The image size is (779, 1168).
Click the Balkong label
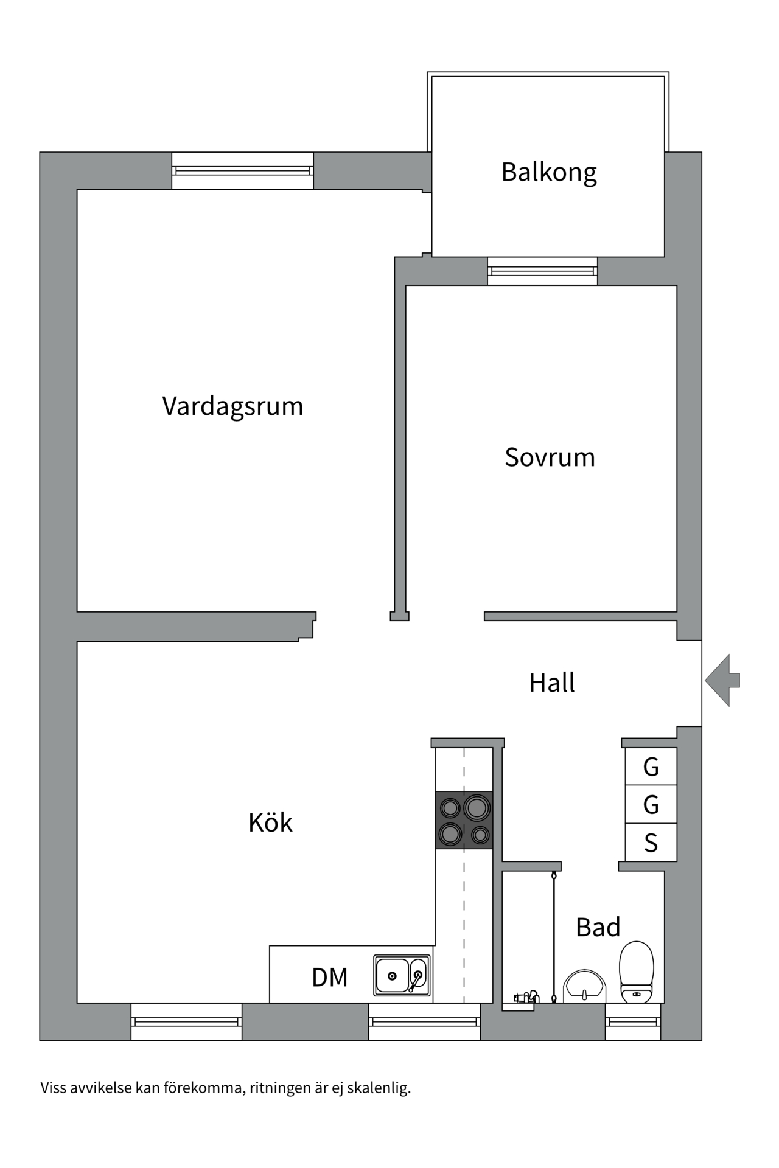coord(548,173)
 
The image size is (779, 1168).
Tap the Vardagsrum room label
coord(232,406)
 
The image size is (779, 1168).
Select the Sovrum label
coord(550,457)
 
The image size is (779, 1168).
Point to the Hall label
coord(551,683)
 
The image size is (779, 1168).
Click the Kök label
coord(270,823)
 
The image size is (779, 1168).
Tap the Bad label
coord(598,928)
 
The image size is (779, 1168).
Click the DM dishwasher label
coord(329,978)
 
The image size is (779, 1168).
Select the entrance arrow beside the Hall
coord(722,680)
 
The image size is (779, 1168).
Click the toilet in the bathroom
coord(636,972)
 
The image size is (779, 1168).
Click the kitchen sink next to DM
coord(402,975)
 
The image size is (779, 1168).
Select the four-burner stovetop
coord(464,820)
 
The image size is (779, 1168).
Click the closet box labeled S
coord(651,843)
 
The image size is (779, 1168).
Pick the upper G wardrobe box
coord(651,767)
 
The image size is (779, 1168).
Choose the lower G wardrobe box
coord(651,805)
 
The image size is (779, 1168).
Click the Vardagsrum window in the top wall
coord(242,171)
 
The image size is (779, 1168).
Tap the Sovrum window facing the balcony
coord(542,271)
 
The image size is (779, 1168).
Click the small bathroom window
coord(633,1021)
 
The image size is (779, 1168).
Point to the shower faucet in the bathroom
coord(526,997)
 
